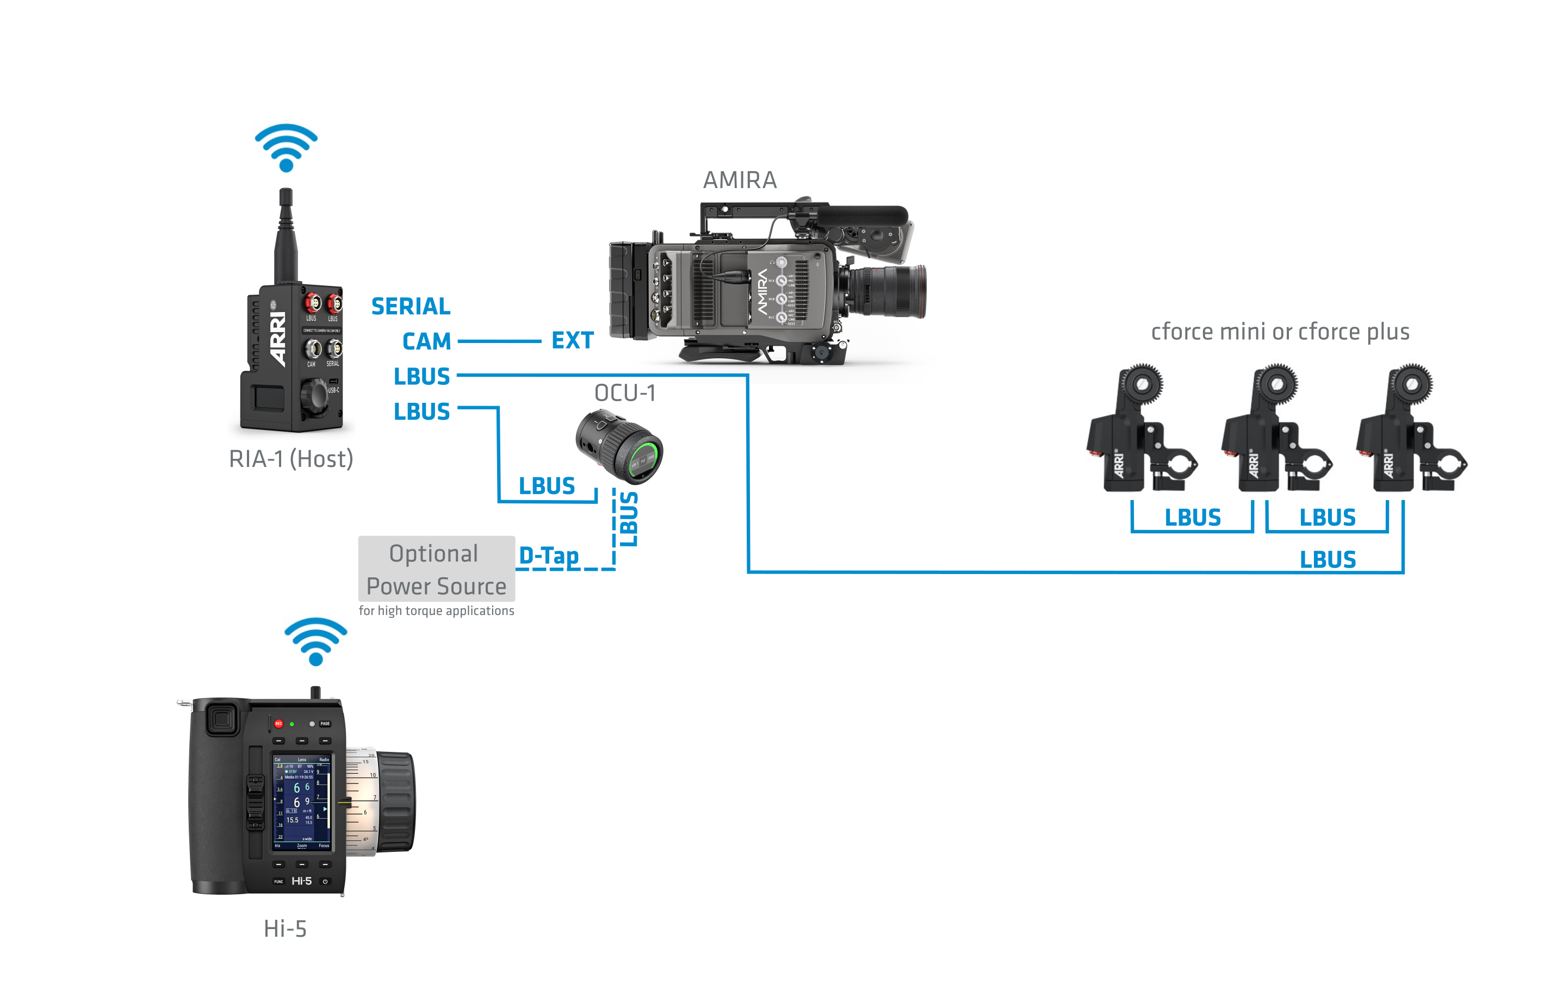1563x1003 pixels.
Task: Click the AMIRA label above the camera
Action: (740, 180)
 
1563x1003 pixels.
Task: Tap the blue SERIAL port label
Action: (411, 306)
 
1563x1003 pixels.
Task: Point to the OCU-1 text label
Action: (625, 393)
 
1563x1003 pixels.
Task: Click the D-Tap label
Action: (549, 556)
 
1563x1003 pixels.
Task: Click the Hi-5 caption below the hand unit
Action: (285, 929)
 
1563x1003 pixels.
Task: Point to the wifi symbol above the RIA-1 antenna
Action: (286, 147)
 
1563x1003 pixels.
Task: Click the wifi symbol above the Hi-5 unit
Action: (316, 641)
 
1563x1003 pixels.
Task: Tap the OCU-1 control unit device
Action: (618, 446)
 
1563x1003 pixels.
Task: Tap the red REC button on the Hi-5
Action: (278, 724)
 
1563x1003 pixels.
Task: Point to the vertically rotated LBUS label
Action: (628, 519)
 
